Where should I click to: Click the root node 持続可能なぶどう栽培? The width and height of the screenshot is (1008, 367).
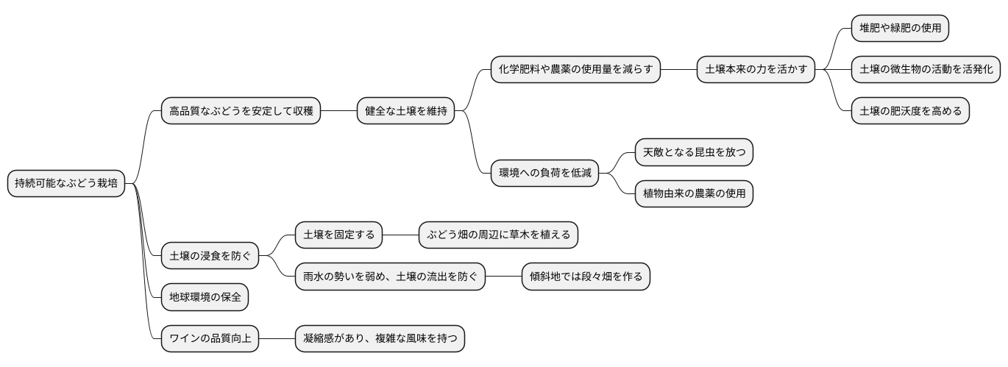pos(65,183)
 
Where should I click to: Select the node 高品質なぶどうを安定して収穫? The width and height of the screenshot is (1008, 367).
pos(241,112)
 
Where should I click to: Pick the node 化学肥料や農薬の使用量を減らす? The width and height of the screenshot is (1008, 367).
pos(575,70)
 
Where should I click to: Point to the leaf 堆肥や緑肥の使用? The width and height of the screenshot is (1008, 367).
pos(900,28)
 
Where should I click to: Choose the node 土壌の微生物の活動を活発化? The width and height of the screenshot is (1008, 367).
pos(926,70)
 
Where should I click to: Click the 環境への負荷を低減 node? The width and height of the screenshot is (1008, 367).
pos(544,174)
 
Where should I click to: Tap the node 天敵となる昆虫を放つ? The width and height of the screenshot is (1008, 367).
pos(694,153)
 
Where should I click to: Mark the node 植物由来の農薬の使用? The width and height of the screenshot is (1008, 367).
pos(694,194)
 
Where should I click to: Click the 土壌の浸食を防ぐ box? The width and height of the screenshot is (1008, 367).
pos(210,256)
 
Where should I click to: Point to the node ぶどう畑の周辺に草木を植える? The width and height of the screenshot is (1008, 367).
pos(498,235)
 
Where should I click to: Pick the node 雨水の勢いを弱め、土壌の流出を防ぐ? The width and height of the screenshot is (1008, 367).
pos(390,277)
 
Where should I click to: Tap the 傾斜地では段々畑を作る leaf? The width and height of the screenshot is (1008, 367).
pos(586,277)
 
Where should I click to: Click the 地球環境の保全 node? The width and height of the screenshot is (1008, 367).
pos(205,297)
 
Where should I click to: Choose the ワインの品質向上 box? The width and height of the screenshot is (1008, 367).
pos(210,339)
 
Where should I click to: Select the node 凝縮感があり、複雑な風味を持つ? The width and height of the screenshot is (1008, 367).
pos(380,339)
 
